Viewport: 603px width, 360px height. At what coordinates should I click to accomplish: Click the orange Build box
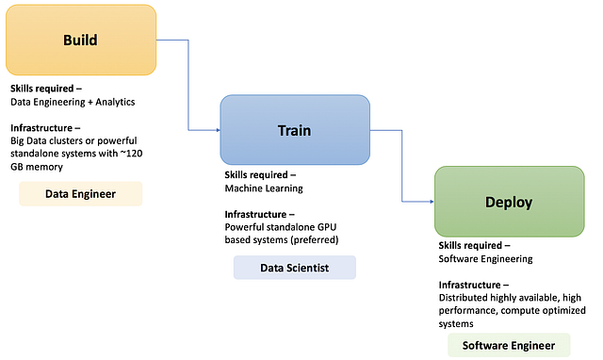coord(81,41)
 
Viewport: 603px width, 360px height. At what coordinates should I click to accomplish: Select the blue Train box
coord(294,131)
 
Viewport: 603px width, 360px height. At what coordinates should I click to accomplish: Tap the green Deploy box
coord(509,202)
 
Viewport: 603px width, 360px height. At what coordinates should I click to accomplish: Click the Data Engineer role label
coord(81,194)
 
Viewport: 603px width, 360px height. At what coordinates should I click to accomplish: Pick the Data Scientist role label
coord(294,268)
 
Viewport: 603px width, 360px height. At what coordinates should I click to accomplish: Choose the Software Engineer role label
coord(509,346)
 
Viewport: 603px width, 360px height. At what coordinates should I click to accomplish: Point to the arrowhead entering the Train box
coord(216,130)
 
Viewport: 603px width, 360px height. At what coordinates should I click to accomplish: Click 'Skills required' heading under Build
coord(46,88)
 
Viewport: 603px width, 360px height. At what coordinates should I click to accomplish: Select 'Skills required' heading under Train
coord(260,175)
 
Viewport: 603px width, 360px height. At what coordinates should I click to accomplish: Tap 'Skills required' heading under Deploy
coord(475,245)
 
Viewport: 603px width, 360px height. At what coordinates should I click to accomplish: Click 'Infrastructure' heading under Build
coord(42,126)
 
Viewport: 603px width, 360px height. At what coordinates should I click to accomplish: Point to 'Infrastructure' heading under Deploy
coord(471,284)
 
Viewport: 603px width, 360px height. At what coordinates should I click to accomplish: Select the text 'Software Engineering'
coord(485,258)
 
